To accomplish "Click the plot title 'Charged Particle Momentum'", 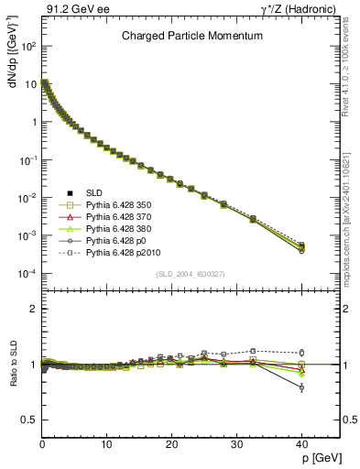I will (x=192, y=36).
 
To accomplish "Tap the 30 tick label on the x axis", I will (x=237, y=445).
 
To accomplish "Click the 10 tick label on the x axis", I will (x=107, y=445).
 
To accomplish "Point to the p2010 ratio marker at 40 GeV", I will (x=302, y=353).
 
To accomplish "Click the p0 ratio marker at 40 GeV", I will (x=302, y=387).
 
